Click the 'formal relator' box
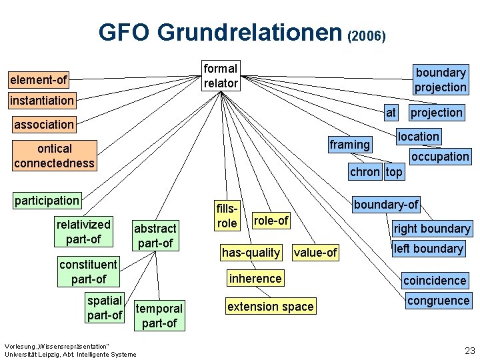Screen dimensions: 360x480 220,75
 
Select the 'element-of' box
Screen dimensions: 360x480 38,80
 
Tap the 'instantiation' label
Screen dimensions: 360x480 41,101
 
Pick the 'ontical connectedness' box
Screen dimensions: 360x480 54,155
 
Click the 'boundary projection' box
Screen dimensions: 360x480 440,79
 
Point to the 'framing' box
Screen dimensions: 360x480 349,144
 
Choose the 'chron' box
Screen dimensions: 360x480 365,172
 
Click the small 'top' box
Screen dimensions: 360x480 394,172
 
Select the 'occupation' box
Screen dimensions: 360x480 440,157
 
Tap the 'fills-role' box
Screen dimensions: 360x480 227,215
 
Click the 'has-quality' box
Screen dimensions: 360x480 251,252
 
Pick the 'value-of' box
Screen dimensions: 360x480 315,252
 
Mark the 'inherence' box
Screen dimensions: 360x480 255,278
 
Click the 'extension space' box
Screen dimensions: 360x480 270,307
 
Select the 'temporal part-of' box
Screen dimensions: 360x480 159,315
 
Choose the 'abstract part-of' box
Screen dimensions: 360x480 155,235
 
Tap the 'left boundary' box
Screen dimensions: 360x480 428,249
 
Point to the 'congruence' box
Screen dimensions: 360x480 438,301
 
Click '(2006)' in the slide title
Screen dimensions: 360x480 366,36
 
